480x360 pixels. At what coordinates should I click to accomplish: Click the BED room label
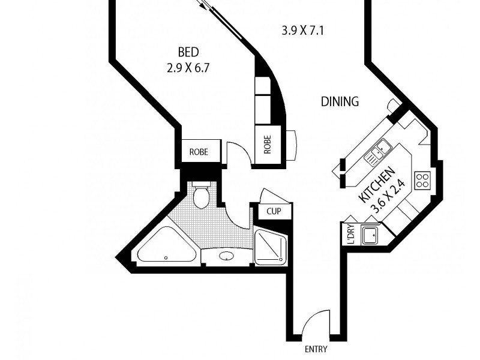pyautogui.click(x=188, y=52)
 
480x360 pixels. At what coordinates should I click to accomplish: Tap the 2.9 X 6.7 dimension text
pyautogui.click(x=188, y=68)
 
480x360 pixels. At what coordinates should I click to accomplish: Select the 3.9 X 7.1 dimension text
pyautogui.click(x=303, y=29)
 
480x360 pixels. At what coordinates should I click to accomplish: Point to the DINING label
pyautogui.click(x=340, y=101)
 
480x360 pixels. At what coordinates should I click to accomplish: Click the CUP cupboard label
pyautogui.click(x=274, y=211)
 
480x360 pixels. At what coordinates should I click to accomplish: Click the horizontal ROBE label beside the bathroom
pyautogui.click(x=199, y=152)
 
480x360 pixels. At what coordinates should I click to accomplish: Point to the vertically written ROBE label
pyautogui.click(x=268, y=145)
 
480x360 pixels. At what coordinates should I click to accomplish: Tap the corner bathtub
pyautogui.click(x=166, y=250)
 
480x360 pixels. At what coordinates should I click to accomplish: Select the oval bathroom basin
pyautogui.click(x=227, y=257)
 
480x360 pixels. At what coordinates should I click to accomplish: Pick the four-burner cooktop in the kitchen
pyautogui.click(x=422, y=180)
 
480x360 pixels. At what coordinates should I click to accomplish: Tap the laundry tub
pyautogui.click(x=370, y=234)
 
